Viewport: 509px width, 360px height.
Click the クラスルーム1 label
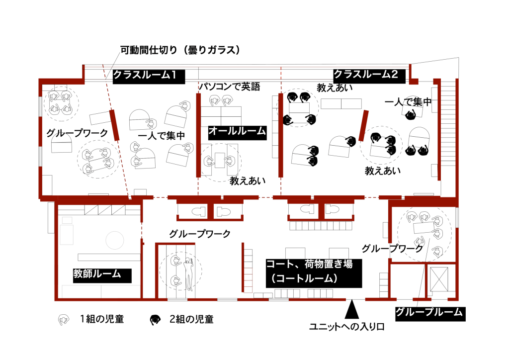tap(149, 77)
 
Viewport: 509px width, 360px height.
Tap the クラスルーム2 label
tap(369, 76)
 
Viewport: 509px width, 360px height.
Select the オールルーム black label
tap(237, 133)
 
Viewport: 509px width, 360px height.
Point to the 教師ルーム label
tap(102, 275)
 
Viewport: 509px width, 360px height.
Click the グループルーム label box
tap(430, 314)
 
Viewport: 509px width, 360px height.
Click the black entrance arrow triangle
tap(351, 309)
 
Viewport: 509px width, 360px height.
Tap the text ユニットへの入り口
tap(346, 327)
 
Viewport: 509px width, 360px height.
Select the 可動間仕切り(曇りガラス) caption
tap(180, 50)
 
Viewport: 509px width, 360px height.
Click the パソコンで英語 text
tap(230, 87)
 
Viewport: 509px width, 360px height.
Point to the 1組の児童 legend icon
tap(63, 320)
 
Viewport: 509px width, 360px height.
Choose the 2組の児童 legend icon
tap(155, 320)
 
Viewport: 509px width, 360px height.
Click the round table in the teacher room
tap(115, 240)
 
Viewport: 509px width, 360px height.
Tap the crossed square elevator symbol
tap(439, 279)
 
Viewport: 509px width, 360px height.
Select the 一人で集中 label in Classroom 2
tap(408, 102)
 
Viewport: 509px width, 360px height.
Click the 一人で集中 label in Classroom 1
tap(162, 135)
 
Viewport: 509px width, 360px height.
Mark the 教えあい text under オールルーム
tap(248, 181)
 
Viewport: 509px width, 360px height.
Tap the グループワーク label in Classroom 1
tap(77, 133)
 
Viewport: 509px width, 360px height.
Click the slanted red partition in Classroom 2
tap(363, 126)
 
